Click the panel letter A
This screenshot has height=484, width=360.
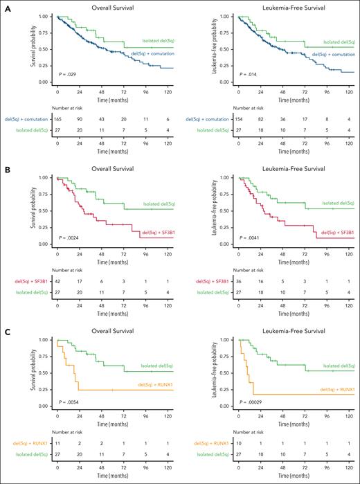(x=6, y=6)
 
